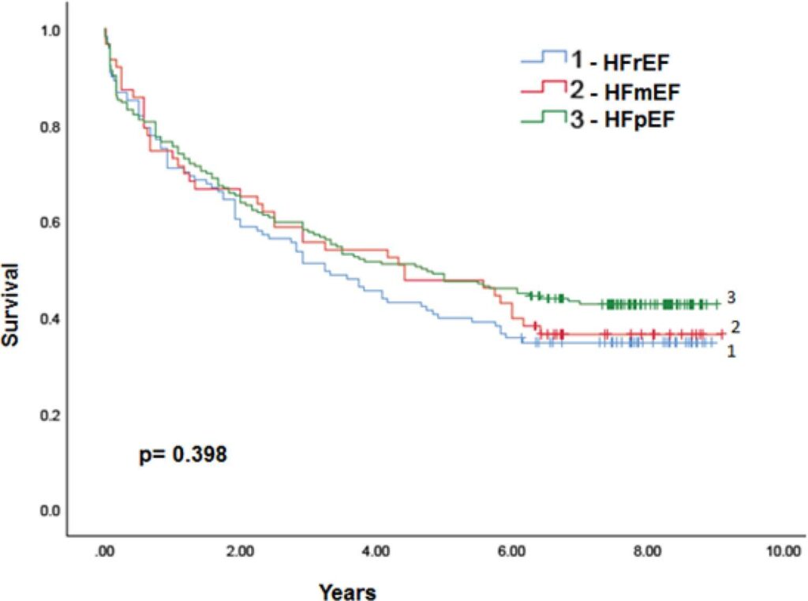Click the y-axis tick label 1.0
point(50,31)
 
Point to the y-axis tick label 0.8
point(50,127)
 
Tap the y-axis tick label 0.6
point(50,223)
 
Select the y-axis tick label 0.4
point(50,319)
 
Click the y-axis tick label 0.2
point(50,415)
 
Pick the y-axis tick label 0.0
point(50,511)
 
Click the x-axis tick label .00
point(105,551)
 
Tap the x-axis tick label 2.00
point(240,551)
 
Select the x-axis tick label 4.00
point(376,551)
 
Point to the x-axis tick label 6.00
point(511,551)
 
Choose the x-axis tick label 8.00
point(647,551)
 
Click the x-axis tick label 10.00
point(784,551)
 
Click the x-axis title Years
point(347,592)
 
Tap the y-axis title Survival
point(10,304)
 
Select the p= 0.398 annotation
point(183,454)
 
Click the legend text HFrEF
point(636,63)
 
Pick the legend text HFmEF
point(642,92)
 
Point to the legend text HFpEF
point(639,120)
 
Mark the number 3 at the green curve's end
point(731,297)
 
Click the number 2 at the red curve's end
point(735,326)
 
